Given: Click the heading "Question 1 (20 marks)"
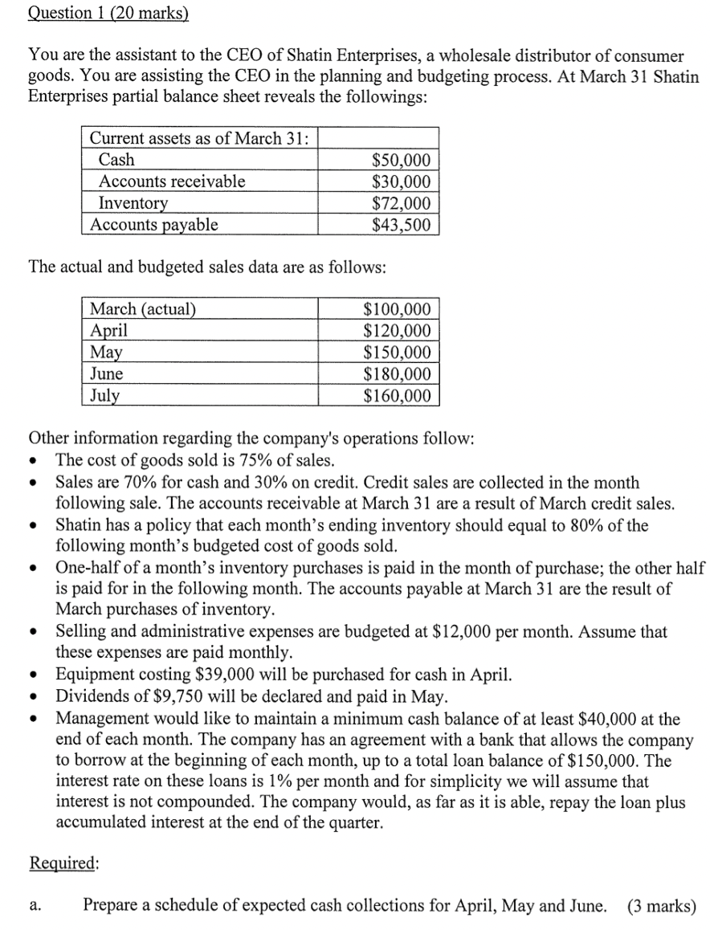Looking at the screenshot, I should pyautogui.click(x=108, y=13).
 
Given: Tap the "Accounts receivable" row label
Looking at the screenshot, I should pyautogui.click(x=171, y=182).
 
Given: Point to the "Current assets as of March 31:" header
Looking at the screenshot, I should pyautogui.click(x=200, y=138).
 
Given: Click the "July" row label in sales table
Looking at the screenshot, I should pyautogui.click(x=104, y=396).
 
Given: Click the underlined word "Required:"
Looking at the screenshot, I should pyautogui.click(x=64, y=863).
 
